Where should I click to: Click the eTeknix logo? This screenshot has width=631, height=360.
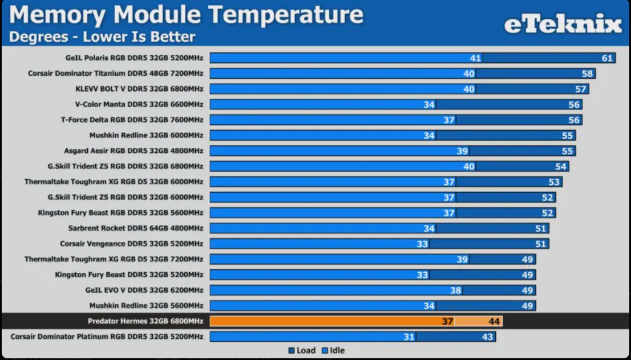[x=562, y=25]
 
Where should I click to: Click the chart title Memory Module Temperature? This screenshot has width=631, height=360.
[x=186, y=15]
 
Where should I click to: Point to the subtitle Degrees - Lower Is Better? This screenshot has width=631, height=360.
[x=102, y=37]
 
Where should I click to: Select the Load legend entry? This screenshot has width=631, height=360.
[x=302, y=350]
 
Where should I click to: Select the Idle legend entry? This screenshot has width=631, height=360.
[x=333, y=350]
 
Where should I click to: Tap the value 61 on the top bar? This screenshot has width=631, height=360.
[x=607, y=58]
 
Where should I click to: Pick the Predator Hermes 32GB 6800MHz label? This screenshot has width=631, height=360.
[x=145, y=321]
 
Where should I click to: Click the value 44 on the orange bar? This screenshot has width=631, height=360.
[x=494, y=321]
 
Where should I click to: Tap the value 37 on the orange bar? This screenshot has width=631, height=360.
[x=448, y=321]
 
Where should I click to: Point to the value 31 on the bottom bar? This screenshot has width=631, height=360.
[x=408, y=337]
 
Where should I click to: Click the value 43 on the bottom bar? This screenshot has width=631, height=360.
[x=487, y=337]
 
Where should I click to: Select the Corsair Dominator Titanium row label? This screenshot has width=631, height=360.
[x=115, y=73]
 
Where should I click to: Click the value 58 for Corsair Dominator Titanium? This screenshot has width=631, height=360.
[x=588, y=73]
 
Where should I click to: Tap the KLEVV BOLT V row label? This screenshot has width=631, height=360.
[x=139, y=88]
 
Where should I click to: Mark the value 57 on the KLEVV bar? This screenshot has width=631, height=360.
[x=581, y=88]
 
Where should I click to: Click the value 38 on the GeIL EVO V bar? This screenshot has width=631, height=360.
[x=455, y=290]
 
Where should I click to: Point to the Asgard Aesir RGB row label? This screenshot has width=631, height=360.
[x=134, y=151]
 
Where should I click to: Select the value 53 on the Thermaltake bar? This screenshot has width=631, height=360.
[x=554, y=181]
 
